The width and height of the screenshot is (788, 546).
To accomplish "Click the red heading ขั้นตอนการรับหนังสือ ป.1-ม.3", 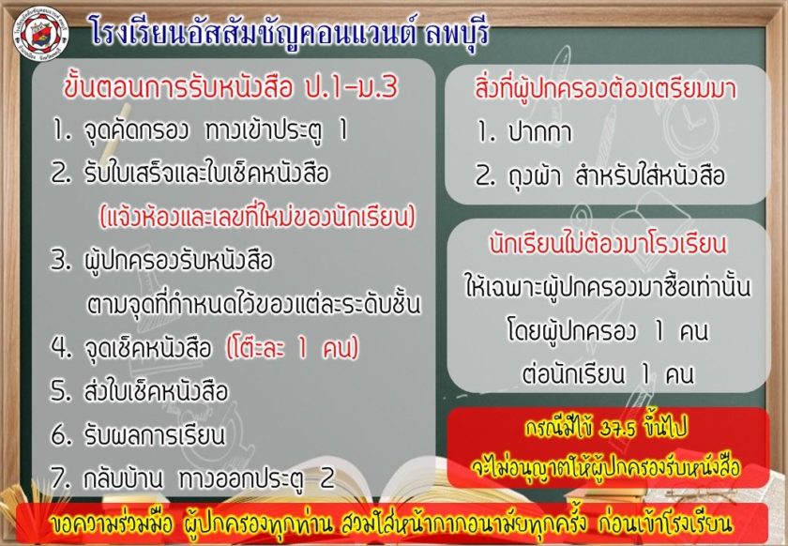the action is tap(231, 87).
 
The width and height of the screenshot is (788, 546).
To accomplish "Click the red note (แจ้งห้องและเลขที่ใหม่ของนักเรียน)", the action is tap(258, 218).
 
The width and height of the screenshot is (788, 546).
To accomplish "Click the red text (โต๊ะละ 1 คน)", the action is tap(293, 347).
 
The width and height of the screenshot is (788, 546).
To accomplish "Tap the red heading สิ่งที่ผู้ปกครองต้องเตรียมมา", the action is tap(606, 88).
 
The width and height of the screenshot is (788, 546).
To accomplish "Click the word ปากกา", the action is tap(540, 132).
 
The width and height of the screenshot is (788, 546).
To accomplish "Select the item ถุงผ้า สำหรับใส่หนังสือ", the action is tap(616, 175).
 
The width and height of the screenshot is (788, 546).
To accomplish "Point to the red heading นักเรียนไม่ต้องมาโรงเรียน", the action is tap(608, 244).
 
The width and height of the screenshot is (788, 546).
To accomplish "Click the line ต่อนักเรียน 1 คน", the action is tap(608, 374).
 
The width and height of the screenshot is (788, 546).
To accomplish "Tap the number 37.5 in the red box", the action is tap(617, 430).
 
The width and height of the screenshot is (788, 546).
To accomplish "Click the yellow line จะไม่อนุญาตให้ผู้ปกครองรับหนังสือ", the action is tap(606, 467).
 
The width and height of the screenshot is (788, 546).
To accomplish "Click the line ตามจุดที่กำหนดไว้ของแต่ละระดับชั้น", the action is tap(253, 304).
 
